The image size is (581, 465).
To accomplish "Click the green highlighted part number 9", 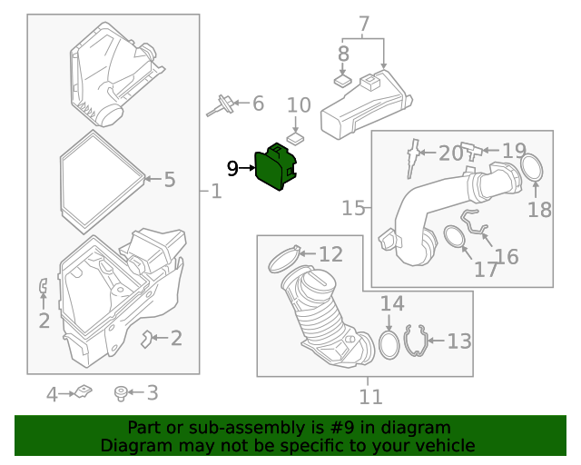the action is click(276, 167).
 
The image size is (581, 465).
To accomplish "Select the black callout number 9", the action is click(232, 168).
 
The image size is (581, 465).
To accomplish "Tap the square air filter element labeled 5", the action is click(103, 182).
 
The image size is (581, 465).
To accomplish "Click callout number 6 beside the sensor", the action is click(258, 104).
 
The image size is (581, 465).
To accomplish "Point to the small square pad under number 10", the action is click(296, 138).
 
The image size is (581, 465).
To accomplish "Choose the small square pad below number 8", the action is click(343, 80).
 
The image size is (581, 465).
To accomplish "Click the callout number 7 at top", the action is click(364, 25).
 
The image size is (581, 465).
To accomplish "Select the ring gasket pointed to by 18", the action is click(532, 168).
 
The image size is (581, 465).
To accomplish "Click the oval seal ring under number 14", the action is click(389, 345).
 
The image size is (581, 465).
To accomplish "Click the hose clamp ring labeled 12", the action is click(284, 259).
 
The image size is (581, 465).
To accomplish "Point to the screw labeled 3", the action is click(121, 393).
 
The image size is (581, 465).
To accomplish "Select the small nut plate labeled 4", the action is click(84, 391).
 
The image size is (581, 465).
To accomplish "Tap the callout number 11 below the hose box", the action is click(370, 397).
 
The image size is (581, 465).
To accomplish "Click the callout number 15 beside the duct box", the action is click(353, 208).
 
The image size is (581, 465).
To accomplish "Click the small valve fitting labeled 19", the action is click(471, 151).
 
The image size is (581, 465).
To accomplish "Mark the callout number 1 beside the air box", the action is click(216, 192).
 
